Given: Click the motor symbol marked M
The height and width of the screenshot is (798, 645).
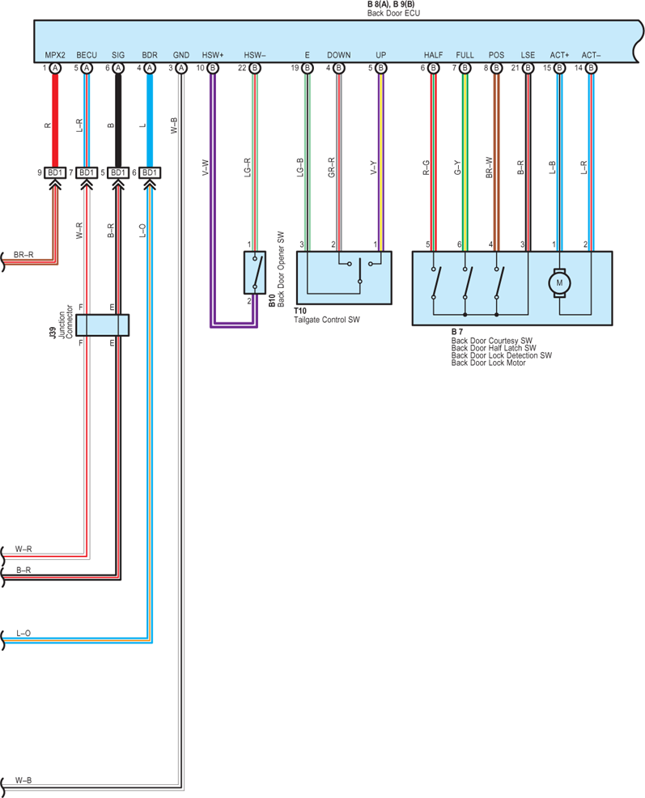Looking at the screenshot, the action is [559, 283].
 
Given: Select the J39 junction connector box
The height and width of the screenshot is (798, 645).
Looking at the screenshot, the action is [102, 325].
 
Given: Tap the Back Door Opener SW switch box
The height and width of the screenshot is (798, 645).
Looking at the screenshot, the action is [255, 272].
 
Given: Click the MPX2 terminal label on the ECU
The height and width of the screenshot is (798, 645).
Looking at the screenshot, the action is [55, 55].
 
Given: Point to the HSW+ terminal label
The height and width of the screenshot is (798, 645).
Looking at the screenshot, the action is [213, 55].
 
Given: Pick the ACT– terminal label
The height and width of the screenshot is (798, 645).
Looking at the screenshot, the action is [591, 55].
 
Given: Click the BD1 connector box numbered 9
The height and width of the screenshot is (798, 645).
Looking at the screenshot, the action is [55, 173].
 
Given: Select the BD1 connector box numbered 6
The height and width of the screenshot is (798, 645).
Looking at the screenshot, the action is [150, 173].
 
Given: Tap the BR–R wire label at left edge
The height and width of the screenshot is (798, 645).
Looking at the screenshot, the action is [23, 254].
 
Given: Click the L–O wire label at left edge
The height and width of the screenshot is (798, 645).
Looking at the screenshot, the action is [23, 633].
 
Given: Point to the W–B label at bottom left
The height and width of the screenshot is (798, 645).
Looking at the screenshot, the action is [23, 780].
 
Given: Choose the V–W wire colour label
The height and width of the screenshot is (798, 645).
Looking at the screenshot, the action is [206, 168].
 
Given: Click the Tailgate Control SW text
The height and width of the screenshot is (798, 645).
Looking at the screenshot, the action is [327, 320].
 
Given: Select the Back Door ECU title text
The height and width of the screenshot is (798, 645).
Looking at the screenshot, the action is [393, 13].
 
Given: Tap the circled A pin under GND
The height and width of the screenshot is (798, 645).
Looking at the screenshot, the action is [180, 68].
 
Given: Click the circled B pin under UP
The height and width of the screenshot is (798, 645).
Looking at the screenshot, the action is [381, 68].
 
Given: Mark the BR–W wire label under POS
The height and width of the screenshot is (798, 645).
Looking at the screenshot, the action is [490, 167].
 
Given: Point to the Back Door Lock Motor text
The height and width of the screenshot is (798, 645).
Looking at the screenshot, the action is [488, 363].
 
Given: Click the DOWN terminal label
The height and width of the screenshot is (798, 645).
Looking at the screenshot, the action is [338, 55].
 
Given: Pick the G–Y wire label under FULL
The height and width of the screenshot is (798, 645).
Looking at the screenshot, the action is [457, 168].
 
